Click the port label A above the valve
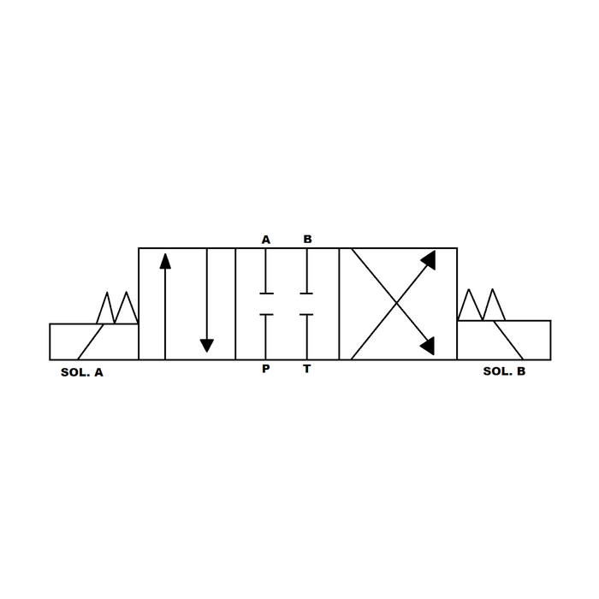coord(266,240)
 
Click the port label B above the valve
coord(307,239)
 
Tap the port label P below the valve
coord(266,369)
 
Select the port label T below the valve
coord(306,369)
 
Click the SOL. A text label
coord(82,372)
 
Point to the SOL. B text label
coord(504,371)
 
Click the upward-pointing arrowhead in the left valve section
coord(165,261)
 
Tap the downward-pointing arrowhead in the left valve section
coord(207,346)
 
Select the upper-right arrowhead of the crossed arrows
coord(428,259)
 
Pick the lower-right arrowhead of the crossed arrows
coord(427,346)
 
